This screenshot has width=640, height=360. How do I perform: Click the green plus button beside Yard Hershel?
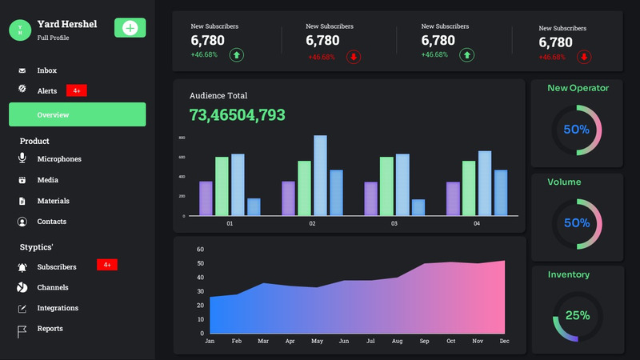click(130, 28)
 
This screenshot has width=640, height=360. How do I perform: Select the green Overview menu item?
click(77, 114)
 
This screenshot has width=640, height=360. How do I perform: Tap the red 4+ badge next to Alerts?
click(76, 90)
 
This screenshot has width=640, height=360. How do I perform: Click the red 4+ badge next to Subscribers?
click(106, 265)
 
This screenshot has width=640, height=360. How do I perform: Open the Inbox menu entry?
click(46, 70)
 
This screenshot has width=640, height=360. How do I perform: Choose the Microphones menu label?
click(59, 158)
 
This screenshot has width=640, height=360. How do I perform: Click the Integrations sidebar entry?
click(58, 308)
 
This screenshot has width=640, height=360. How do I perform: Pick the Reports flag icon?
click(22, 329)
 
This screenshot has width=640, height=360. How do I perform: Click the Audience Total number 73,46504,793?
click(237, 114)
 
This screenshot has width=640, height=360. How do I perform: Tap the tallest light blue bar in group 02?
click(320, 175)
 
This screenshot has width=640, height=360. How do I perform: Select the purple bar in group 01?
click(206, 198)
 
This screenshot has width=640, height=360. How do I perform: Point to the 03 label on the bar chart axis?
click(394, 224)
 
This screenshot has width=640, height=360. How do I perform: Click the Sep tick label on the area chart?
click(424, 341)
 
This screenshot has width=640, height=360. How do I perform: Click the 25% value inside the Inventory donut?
click(577, 315)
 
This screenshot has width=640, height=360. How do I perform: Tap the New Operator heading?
click(578, 88)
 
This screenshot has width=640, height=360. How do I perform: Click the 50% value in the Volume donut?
click(577, 222)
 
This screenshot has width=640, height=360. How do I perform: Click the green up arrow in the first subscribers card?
click(237, 55)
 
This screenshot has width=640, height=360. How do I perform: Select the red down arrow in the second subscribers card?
click(354, 56)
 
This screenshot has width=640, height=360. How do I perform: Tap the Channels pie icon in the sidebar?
click(22, 287)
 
